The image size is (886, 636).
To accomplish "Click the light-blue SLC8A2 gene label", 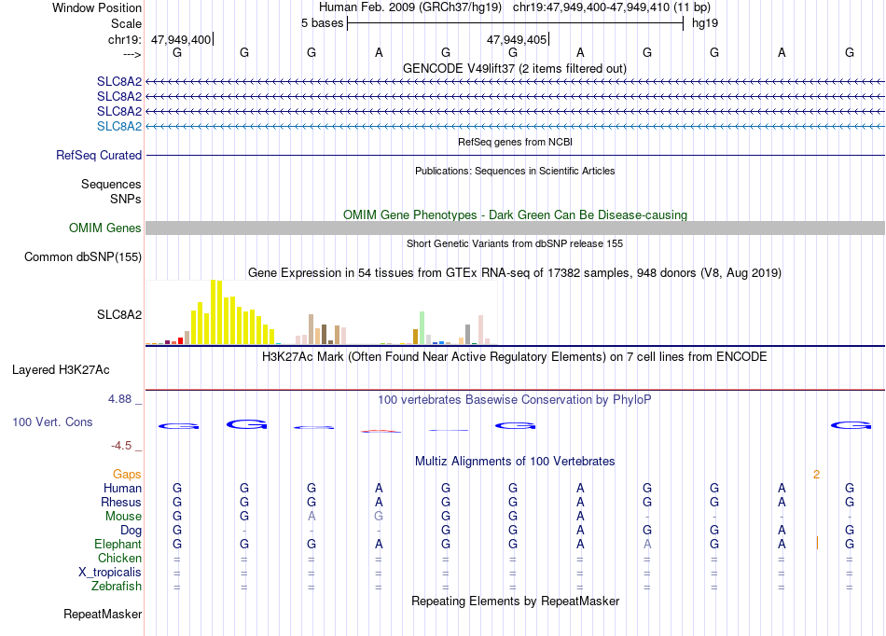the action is pos(119,126).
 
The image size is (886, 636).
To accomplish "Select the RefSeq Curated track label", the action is pos(99,156).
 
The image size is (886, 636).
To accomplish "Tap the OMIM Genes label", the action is pos(105,228).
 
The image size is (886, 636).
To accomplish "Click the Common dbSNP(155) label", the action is pos(83,257).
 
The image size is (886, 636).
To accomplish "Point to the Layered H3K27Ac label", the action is pos(61,370).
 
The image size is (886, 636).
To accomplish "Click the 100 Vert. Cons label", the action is pos(52,422).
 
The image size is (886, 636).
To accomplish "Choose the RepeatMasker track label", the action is pos(103,614).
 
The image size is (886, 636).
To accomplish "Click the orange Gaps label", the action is pos(127,474).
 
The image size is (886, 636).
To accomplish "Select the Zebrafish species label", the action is pos(117,586).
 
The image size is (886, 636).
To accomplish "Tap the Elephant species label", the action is pos(118,544).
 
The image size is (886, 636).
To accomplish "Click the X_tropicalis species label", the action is pos(110,573).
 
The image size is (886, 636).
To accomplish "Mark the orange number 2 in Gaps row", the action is pos(816,475).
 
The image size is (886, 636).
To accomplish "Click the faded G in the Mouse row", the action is pos(379,516).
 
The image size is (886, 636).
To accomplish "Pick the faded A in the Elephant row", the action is pos(647,544).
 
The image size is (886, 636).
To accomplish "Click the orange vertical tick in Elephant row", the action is pos(817,544).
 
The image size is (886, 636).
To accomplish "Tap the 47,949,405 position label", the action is pos(517,39).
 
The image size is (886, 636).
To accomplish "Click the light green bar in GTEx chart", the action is pos(422,327).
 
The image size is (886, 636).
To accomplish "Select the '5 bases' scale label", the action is pos(322,23).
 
